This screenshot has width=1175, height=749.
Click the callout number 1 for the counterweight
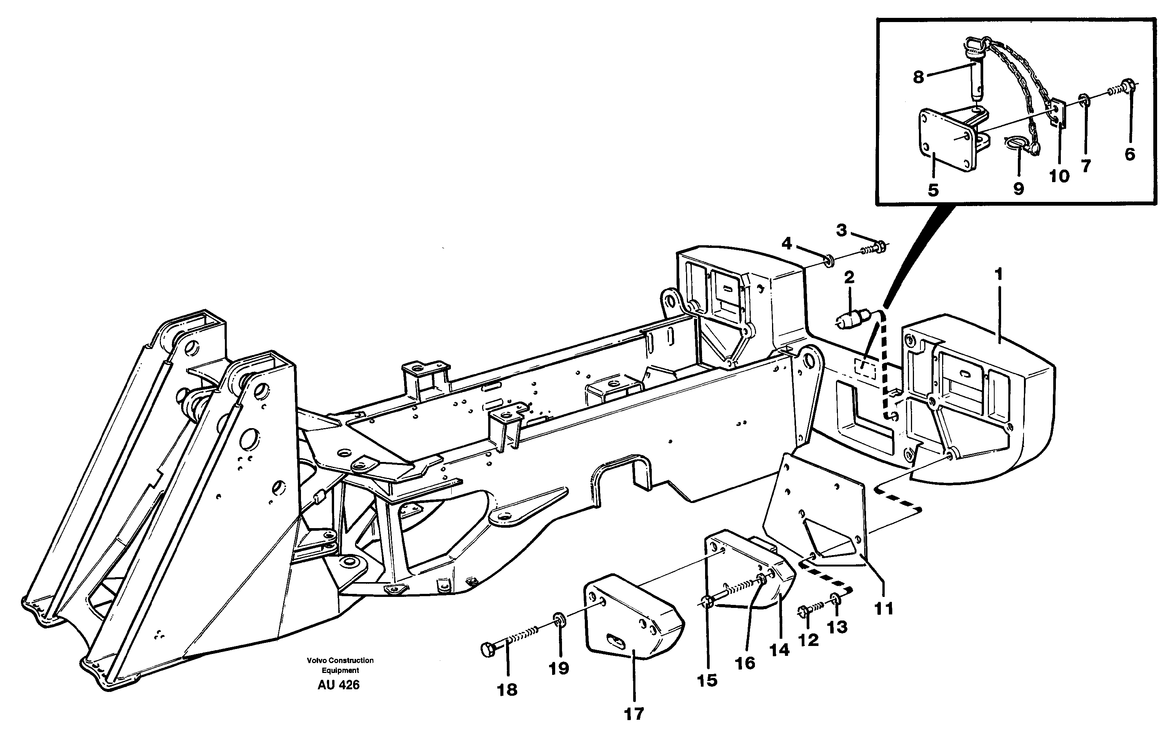click(x=998, y=275)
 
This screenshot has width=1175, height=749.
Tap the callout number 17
click(x=634, y=714)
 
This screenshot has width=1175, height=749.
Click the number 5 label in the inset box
click(x=933, y=190)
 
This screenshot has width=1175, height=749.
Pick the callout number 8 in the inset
click(x=919, y=77)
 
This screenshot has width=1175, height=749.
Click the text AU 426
click(x=338, y=685)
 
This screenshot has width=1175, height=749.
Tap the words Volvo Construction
click(x=340, y=660)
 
